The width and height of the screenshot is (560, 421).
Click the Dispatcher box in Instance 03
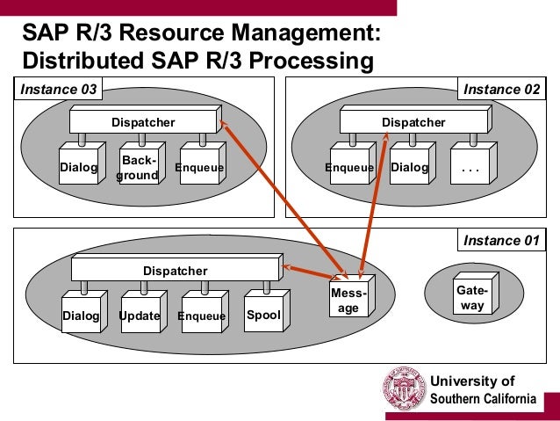point(142,122)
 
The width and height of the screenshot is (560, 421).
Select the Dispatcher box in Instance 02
point(413,122)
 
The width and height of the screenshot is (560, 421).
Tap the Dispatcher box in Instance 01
point(175,271)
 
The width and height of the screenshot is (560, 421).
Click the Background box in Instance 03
point(139,168)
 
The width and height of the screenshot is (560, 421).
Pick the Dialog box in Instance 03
point(78,167)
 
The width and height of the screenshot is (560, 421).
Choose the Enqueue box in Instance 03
point(199,167)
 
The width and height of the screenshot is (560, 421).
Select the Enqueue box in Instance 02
point(349,167)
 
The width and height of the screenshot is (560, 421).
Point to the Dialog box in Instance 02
point(409,167)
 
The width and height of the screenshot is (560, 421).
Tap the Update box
point(140,316)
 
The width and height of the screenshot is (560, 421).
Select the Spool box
point(262,314)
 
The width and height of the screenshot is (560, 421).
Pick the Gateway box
point(472,298)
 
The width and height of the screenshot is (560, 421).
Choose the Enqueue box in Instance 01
point(201,316)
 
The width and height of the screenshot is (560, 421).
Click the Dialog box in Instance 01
point(80,316)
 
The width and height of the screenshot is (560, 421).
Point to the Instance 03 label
point(57,89)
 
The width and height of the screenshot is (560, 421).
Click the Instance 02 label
point(501,89)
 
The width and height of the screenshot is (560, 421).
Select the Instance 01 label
point(501,240)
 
